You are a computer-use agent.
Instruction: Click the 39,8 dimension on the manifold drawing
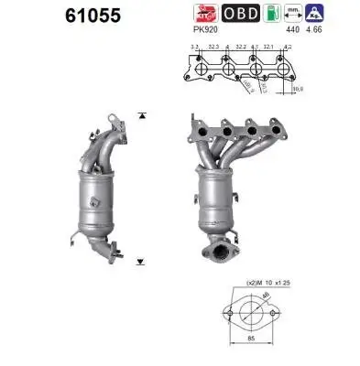(x=297, y=89)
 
